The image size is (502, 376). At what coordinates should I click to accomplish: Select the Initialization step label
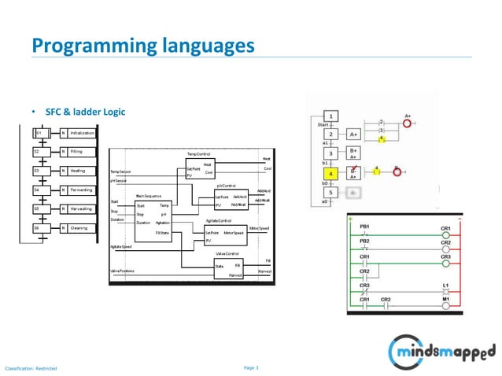pyautogui.click(x=82, y=133)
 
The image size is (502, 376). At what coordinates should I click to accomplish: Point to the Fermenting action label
pyautogui.click(x=81, y=190)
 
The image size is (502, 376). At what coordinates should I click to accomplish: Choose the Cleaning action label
pyautogui.click(x=79, y=228)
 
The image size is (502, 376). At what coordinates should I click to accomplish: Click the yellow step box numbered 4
pyautogui.click(x=331, y=172)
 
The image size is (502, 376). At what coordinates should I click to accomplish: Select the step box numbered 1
pyautogui.click(x=331, y=116)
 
